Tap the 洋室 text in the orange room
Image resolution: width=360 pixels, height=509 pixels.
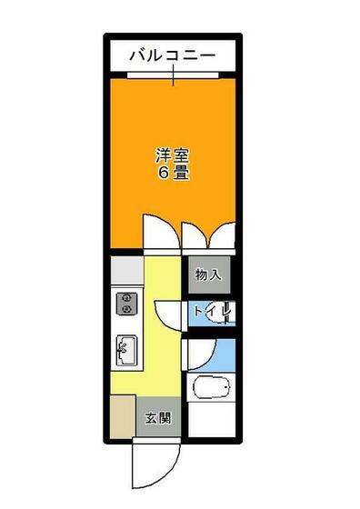coord(173,155)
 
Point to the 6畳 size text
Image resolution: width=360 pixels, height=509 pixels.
coord(173,173)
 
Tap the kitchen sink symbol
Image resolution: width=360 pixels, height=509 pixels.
coord(125,349)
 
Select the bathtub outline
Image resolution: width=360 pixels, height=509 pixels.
coord(215,389)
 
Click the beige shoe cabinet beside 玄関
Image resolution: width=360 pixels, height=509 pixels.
coord(123,418)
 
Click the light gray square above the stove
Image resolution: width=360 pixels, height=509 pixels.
coord(125,269)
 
